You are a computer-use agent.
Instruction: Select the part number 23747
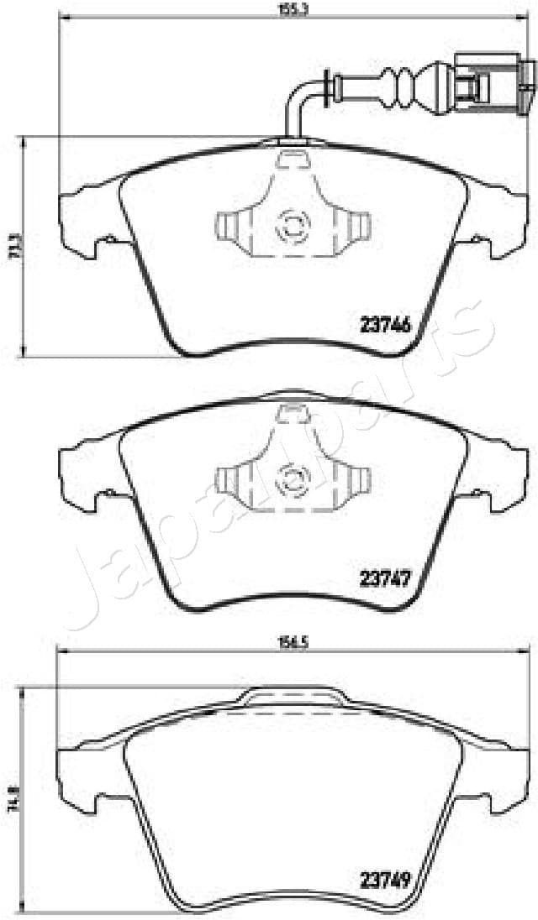point(385,578)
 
